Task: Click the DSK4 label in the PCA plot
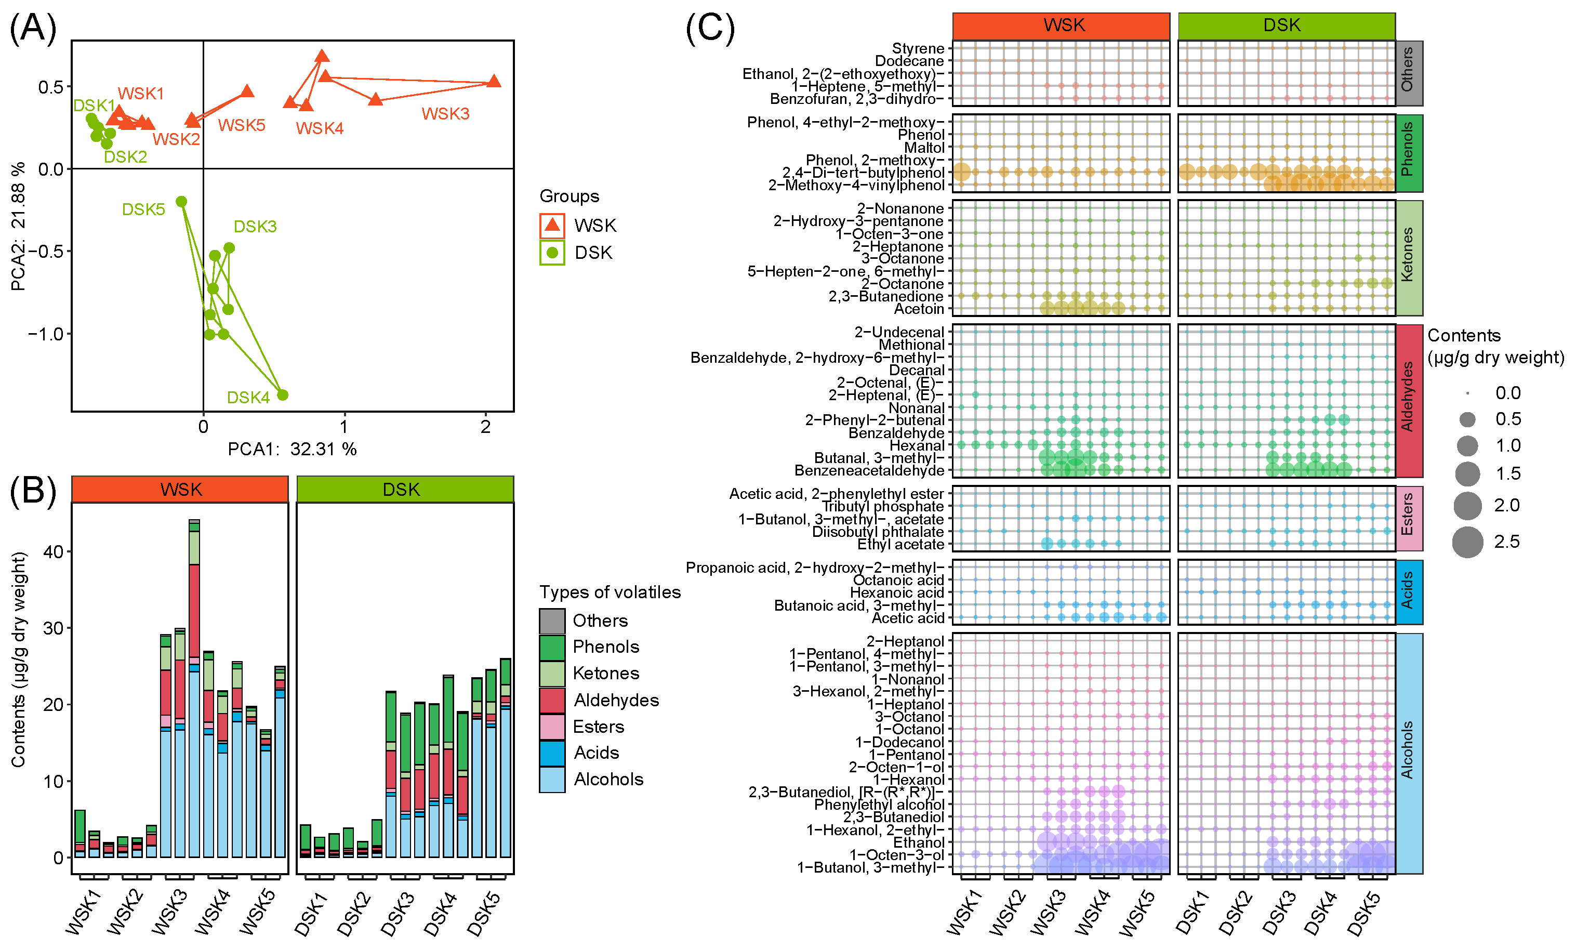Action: pyautogui.click(x=248, y=398)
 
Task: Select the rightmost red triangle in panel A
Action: pyautogui.click(x=494, y=81)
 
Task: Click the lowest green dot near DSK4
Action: pyautogui.click(x=283, y=395)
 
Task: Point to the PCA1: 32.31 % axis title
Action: pyautogui.click(x=292, y=449)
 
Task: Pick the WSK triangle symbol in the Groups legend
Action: pyautogui.click(x=552, y=225)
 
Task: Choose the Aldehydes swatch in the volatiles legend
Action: pyautogui.click(x=552, y=700)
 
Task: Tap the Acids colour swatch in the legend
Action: pyautogui.click(x=552, y=753)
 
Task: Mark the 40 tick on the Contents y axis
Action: pyautogui.click(x=53, y=551)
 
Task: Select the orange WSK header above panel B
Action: pyautogui.click(x=180, y=489)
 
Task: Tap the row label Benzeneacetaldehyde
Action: pyautogui.click(x=869, y=471)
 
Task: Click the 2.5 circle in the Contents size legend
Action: pyautogui.click(x=1467, y=542)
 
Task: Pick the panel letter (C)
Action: pyautogui.click(x=710, y=28)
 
